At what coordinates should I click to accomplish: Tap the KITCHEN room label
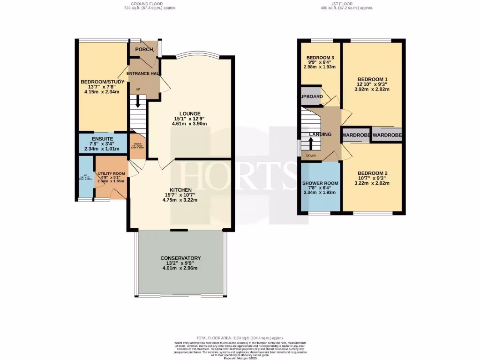(180, 189)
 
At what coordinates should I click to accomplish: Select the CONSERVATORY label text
(180, 258)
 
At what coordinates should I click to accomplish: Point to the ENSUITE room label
(102, 139)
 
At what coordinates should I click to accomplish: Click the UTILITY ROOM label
(111, 173)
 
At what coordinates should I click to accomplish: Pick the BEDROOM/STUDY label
(102, 82)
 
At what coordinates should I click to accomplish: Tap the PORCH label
(144, 50)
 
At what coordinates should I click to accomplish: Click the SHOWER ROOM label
(320, 183)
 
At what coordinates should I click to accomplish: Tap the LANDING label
(320, 135)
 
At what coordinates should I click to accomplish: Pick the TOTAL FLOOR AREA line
(240, 338)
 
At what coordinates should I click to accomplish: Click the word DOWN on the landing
(311, 156)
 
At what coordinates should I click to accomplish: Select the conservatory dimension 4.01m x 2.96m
(180, 268)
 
